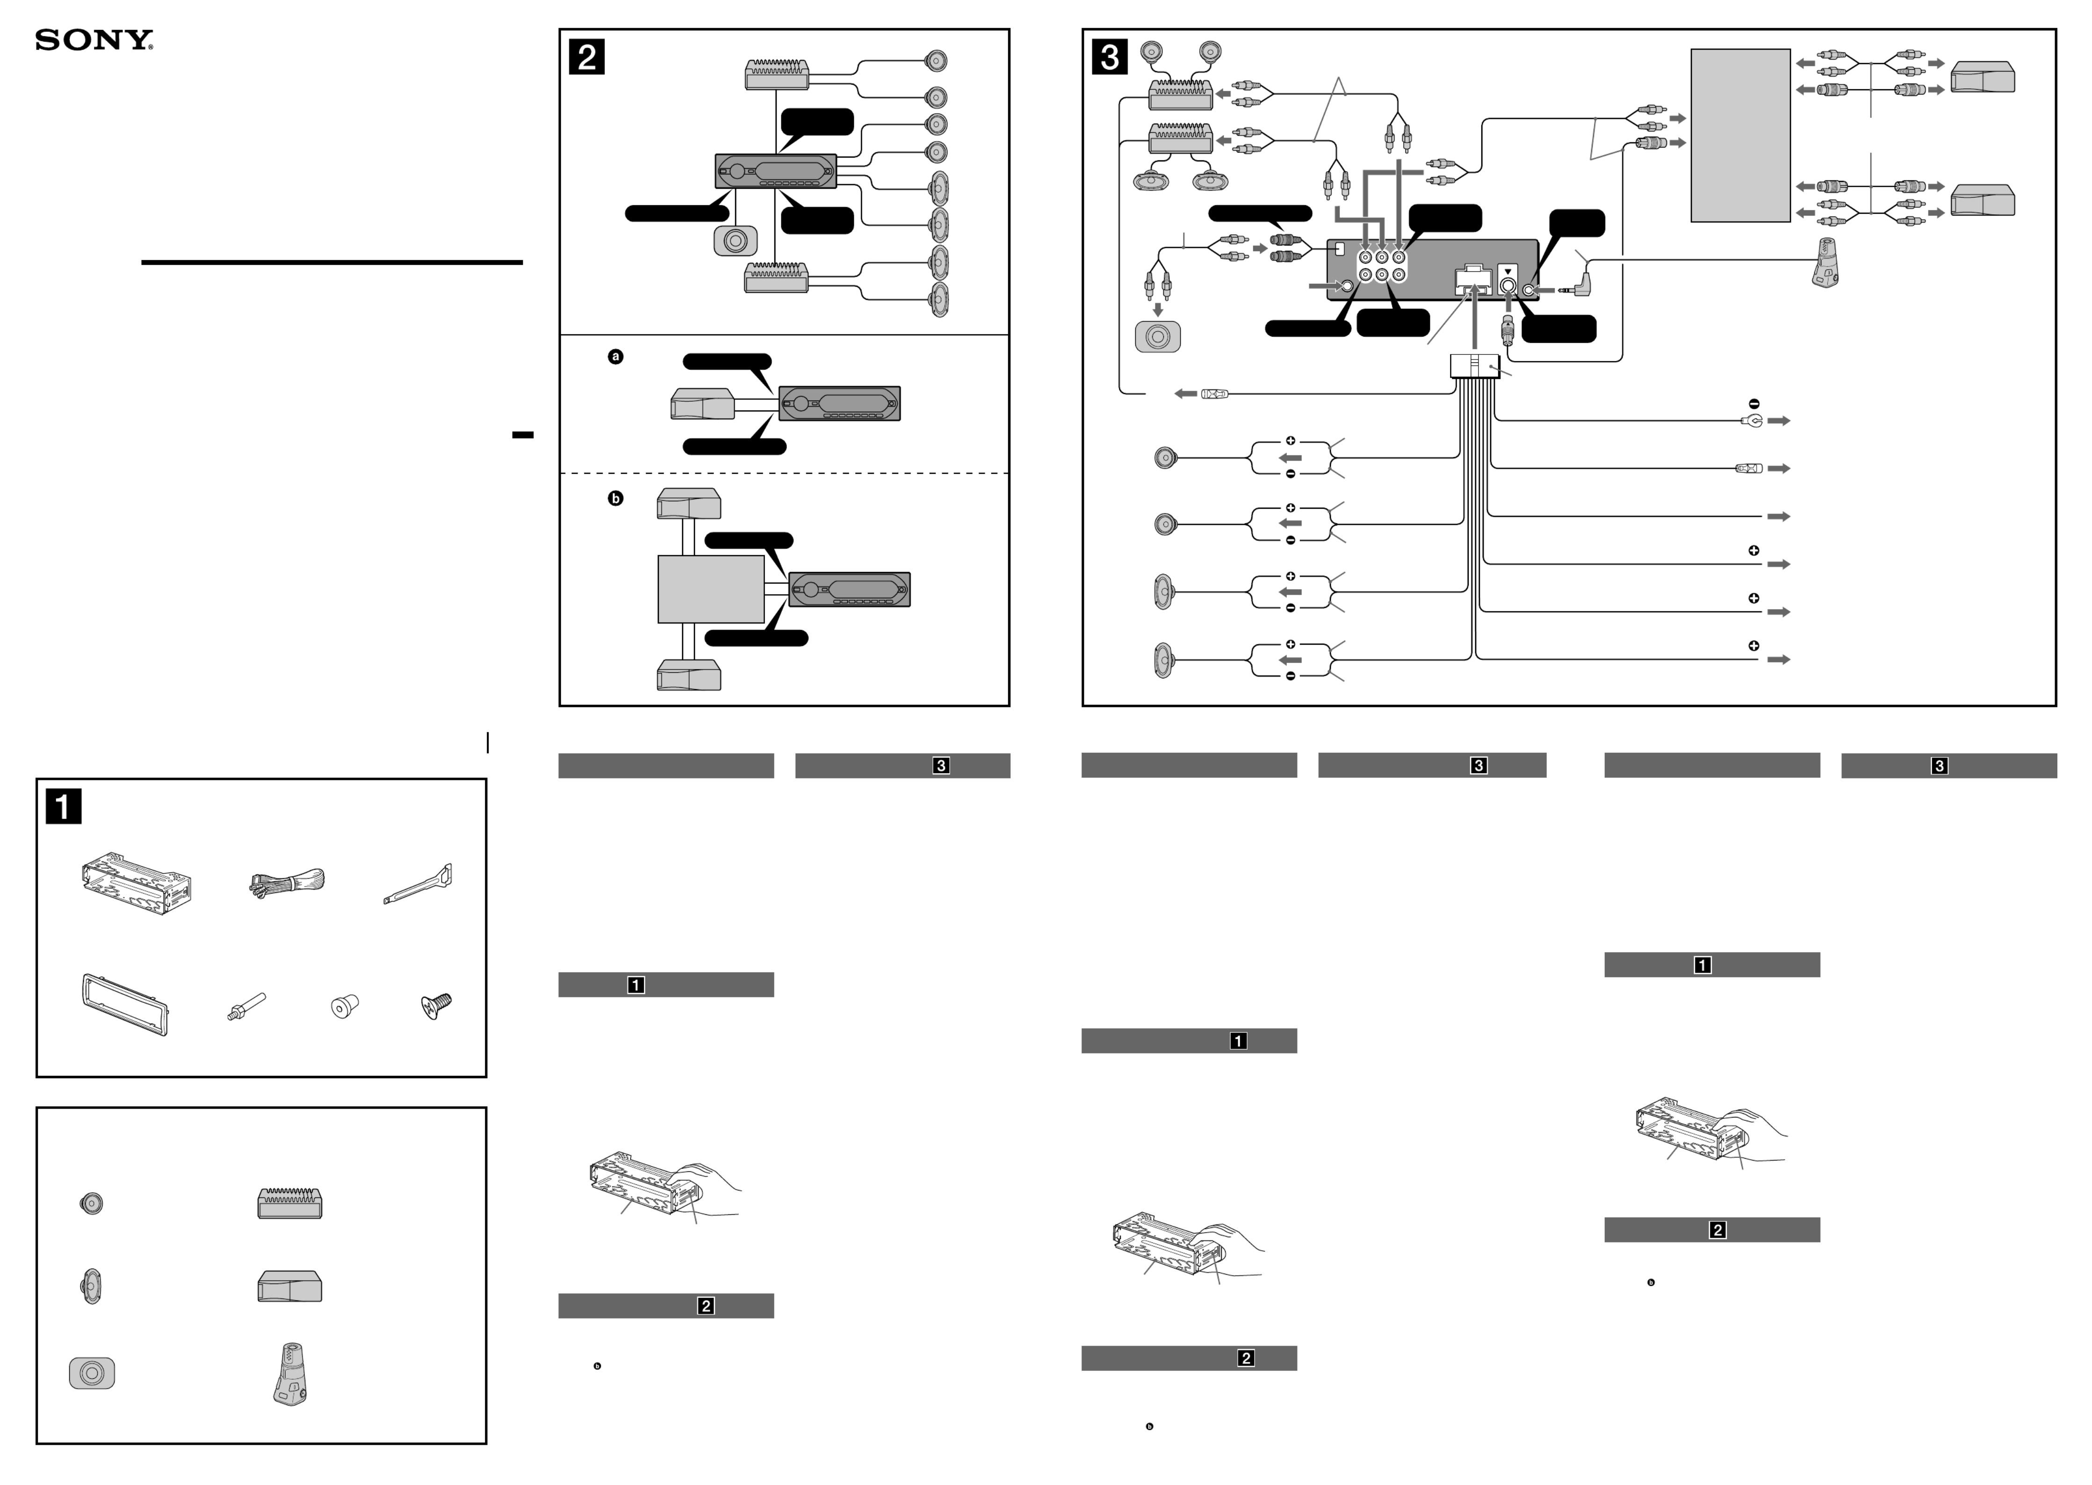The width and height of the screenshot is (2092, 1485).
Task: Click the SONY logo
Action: [94, 40]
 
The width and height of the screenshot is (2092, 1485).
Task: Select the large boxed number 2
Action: [586, 57]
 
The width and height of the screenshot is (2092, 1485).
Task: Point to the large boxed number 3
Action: [1109, 57]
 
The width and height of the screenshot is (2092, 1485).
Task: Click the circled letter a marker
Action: [615, 357]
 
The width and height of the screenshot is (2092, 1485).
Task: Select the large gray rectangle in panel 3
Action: [1740, 135]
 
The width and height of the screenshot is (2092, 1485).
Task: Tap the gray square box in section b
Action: [710, 589]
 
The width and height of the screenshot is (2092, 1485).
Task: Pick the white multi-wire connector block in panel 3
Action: [1474, 366]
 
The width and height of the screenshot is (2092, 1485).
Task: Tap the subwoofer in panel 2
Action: [735, 240]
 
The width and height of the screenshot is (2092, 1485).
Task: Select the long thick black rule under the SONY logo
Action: [332, 262]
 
